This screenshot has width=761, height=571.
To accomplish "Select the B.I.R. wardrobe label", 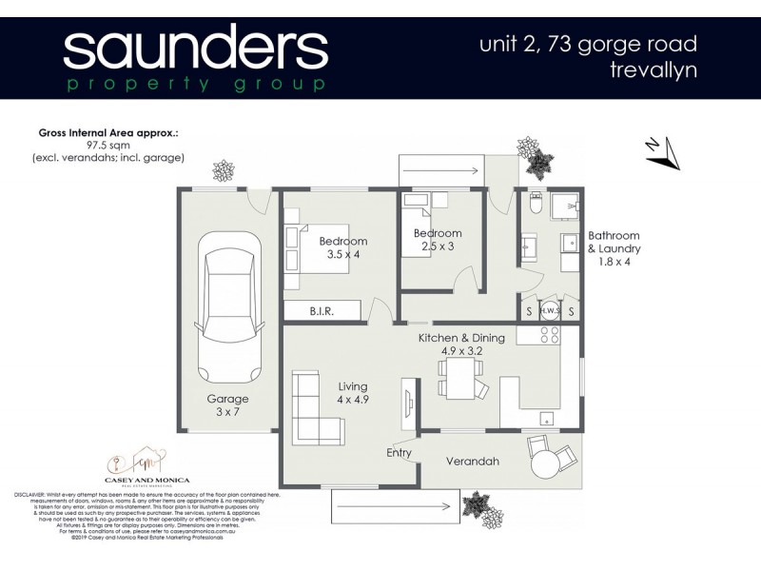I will click(322, 310).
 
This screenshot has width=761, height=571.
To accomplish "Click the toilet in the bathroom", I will click(536, 205).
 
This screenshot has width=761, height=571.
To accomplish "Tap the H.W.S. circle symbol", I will click(549, 309).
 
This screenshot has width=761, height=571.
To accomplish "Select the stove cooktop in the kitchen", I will click(549, 335).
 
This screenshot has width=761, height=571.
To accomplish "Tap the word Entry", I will click(399, 453).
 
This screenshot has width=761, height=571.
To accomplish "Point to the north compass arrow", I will click(662, 152).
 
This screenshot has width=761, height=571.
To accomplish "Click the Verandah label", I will click(474, 462).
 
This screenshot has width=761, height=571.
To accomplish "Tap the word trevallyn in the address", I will click(655, 70).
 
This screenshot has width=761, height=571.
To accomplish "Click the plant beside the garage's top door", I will click(224, 171).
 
